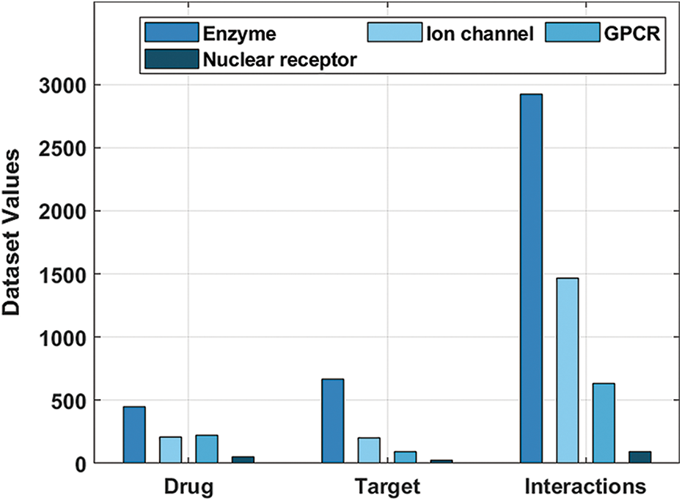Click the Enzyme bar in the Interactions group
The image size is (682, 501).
pyautogui.click(x=531, y=279)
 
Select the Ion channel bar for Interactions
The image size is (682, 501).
pyautogui.click(x=567, y=370)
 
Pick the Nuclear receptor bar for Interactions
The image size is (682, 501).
pyautogui.click(x=639, y=458)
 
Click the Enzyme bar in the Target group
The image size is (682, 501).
pyautogui.click(x=332, y=421)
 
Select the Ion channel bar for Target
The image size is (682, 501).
pyautogui.click(x=369, y=450)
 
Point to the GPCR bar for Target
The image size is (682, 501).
pyautogui.click(x=405, y=457)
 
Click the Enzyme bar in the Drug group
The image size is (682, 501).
pyautogui.click(x=134, y=435)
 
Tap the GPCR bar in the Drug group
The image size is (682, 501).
pyautogui.click(x=207, y=449)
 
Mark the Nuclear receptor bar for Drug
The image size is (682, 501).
pyautogui.click(x=243, y=460)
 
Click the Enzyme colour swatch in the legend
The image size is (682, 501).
pyautogui.click(x=172, y=33)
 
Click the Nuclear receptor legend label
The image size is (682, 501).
pyautogui.click(x=281, y=60)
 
